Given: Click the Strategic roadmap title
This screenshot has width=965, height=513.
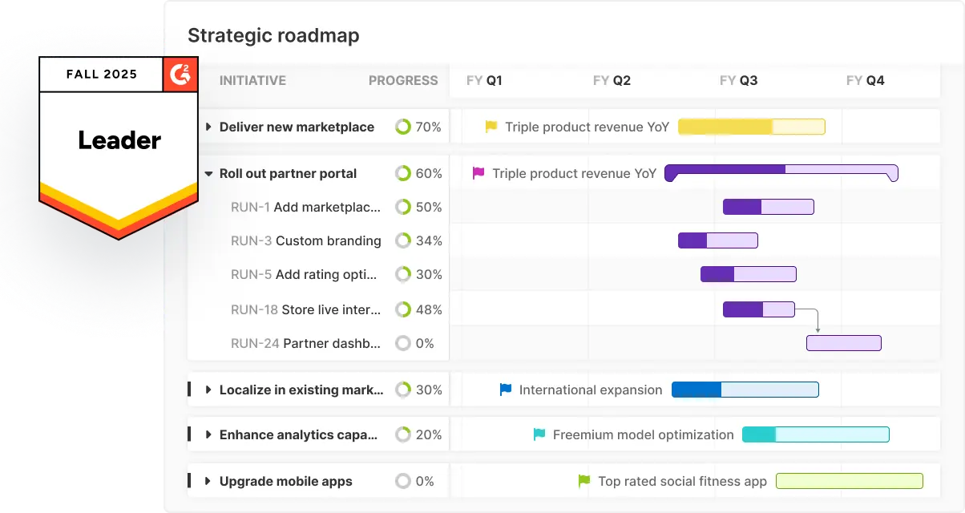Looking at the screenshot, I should pyautogui.click(x=273, y=36).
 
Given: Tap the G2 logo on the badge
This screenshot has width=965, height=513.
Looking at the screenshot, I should pyautogui.click(x=180, y=74).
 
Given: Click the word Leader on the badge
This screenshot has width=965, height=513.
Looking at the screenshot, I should pyautogui.click(x=119, y=140).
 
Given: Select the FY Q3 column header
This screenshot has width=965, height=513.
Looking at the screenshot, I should pyautogui.click(x=738, y=80).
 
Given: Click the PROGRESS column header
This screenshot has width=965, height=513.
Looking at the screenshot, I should pyautogui.click(x=403, y=80).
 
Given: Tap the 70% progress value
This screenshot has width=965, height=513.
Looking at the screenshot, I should pyautogui.click(x=428, y=127).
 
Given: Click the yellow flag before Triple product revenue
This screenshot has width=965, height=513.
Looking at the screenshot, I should pyautogui.click(x=491, y=127).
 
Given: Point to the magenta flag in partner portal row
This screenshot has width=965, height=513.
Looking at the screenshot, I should pyautogui.click(x=478, y=173).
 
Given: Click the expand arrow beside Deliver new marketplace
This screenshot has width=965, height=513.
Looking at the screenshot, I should pyautogui.click(x=208, y=127).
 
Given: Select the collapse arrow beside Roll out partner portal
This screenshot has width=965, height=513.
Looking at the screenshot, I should pyautogui.click(x=208, y=173).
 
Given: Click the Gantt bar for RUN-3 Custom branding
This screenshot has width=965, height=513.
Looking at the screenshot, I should pyautogui.click(x=717, y=240).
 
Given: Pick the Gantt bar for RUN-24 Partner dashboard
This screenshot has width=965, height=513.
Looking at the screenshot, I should pyautogui.click(x=843, y=343).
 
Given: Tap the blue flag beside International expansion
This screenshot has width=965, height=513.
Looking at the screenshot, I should pyautogui.click(x=506, y=390).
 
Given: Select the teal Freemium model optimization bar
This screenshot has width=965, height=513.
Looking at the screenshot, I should pyautogui.click(x=815, y=434).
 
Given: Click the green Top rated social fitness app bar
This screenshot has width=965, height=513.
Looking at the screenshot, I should pyautogui.click(x=849, y=481).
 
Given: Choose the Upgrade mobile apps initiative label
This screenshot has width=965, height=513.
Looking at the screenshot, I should pyautogui.click(x=285, y=481).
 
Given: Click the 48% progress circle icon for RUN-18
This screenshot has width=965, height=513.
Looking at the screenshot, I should pyautogui.click(x=403, y=309).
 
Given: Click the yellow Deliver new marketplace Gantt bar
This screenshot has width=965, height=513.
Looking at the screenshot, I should pyautogui.click(x=751, y=127).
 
